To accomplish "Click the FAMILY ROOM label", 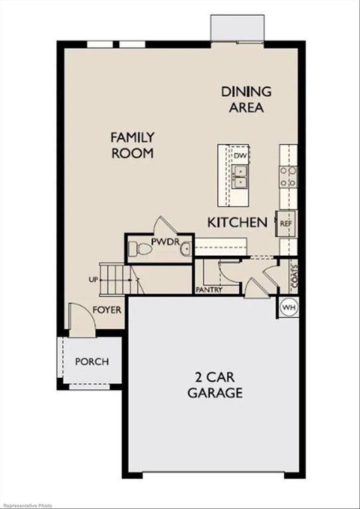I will [x=132, y=145].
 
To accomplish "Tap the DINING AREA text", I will [x=247, y=99].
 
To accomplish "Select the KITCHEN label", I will [x=237, y=223].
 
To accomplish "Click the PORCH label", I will [x=91, y=362].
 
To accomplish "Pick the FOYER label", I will [x=106, y=310].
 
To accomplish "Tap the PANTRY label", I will [x=209, y=290].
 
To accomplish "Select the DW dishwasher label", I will [x=240, y=155].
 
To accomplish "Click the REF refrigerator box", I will [x=286, y=224].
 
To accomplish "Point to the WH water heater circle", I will [x=288, y=308].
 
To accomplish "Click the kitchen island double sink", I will [x=239, y=177].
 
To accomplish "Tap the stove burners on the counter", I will [x=288, y=176].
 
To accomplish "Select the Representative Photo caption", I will [x=27, y=504].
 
